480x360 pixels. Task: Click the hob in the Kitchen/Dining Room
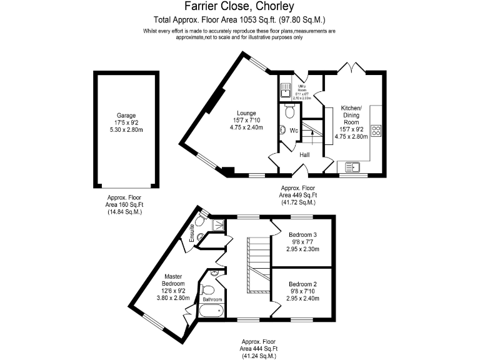coord(377,131)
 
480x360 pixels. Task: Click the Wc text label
coord(292,131)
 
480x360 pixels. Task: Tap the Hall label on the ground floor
coord(305,154)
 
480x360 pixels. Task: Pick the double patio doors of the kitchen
coord(349,67)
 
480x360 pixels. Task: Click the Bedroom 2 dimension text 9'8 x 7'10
coord(303,291)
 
